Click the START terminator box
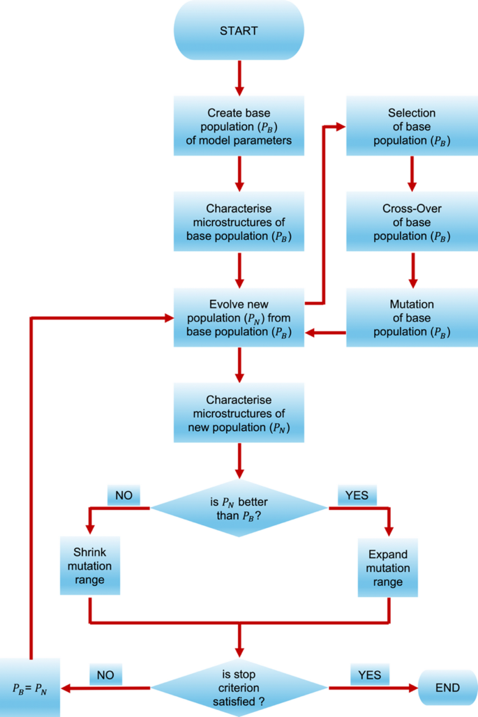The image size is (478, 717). pyautogui.click(x=239, y=31)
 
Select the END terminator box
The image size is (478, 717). pyautogui.click(x=447, y=688)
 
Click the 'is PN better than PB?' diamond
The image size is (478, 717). pyautogui.click(x=239, y=507)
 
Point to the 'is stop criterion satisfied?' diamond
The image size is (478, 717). pyautogui.click(x=239, y=688)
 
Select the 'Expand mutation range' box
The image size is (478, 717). pyautogui.click(x=388, y=567)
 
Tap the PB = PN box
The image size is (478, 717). pyautogui.click(x=30, y=688)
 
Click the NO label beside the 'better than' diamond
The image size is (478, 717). pyautogui.click(x=124, y=495)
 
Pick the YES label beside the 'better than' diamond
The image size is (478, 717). pyautogui.click(x=357, y=495)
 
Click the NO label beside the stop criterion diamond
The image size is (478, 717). pyautogui.click(x=105, y=674)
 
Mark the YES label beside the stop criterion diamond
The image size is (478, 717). pyautogui.click(x=369, y=674)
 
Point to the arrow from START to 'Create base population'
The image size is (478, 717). pyautogui.click(x=239, y=77)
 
